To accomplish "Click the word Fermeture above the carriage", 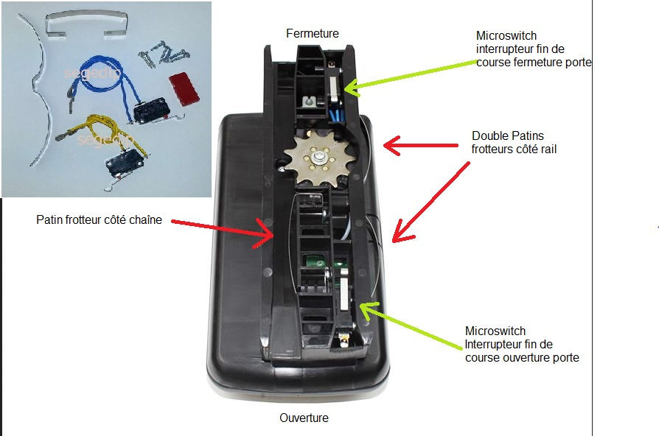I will tap(313, 34).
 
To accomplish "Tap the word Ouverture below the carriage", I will tap(304, 418).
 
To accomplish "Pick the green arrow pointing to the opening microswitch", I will tap(413, 323).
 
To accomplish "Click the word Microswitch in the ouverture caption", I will tap(495, 331).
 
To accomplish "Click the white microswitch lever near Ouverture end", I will tap(345, 294).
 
